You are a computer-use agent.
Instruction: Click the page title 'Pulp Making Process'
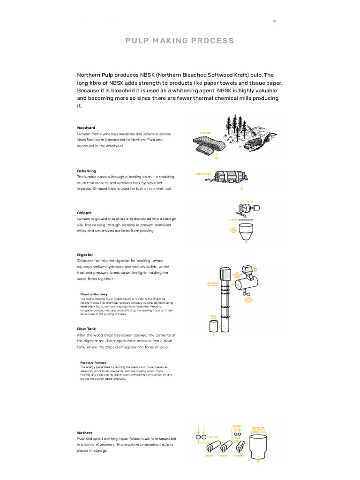tap(180, 41)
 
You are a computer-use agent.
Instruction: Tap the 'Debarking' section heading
tap(86, 171)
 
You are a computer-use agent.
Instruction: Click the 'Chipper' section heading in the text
tap(84, 212)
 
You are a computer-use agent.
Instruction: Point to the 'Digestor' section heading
tap(85, 255)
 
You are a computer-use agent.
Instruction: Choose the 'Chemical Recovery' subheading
tap(94, 294)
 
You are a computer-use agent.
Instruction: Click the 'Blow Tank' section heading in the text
tap(86, 329)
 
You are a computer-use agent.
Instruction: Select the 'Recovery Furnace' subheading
tap(93, 362)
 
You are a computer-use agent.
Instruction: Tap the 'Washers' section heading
tap(85, 433)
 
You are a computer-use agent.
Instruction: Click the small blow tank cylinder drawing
tap(214, 326)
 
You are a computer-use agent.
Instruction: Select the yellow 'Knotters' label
tap(220, 437)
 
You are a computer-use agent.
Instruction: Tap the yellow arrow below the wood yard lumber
tap(217, 157)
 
